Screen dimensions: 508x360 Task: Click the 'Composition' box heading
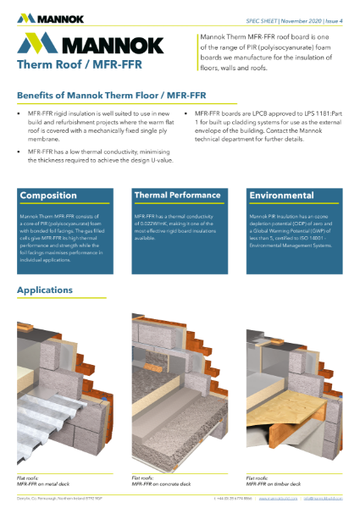(48, 196)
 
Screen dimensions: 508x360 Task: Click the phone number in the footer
(233, 500)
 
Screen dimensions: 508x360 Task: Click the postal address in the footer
(59, 500)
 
